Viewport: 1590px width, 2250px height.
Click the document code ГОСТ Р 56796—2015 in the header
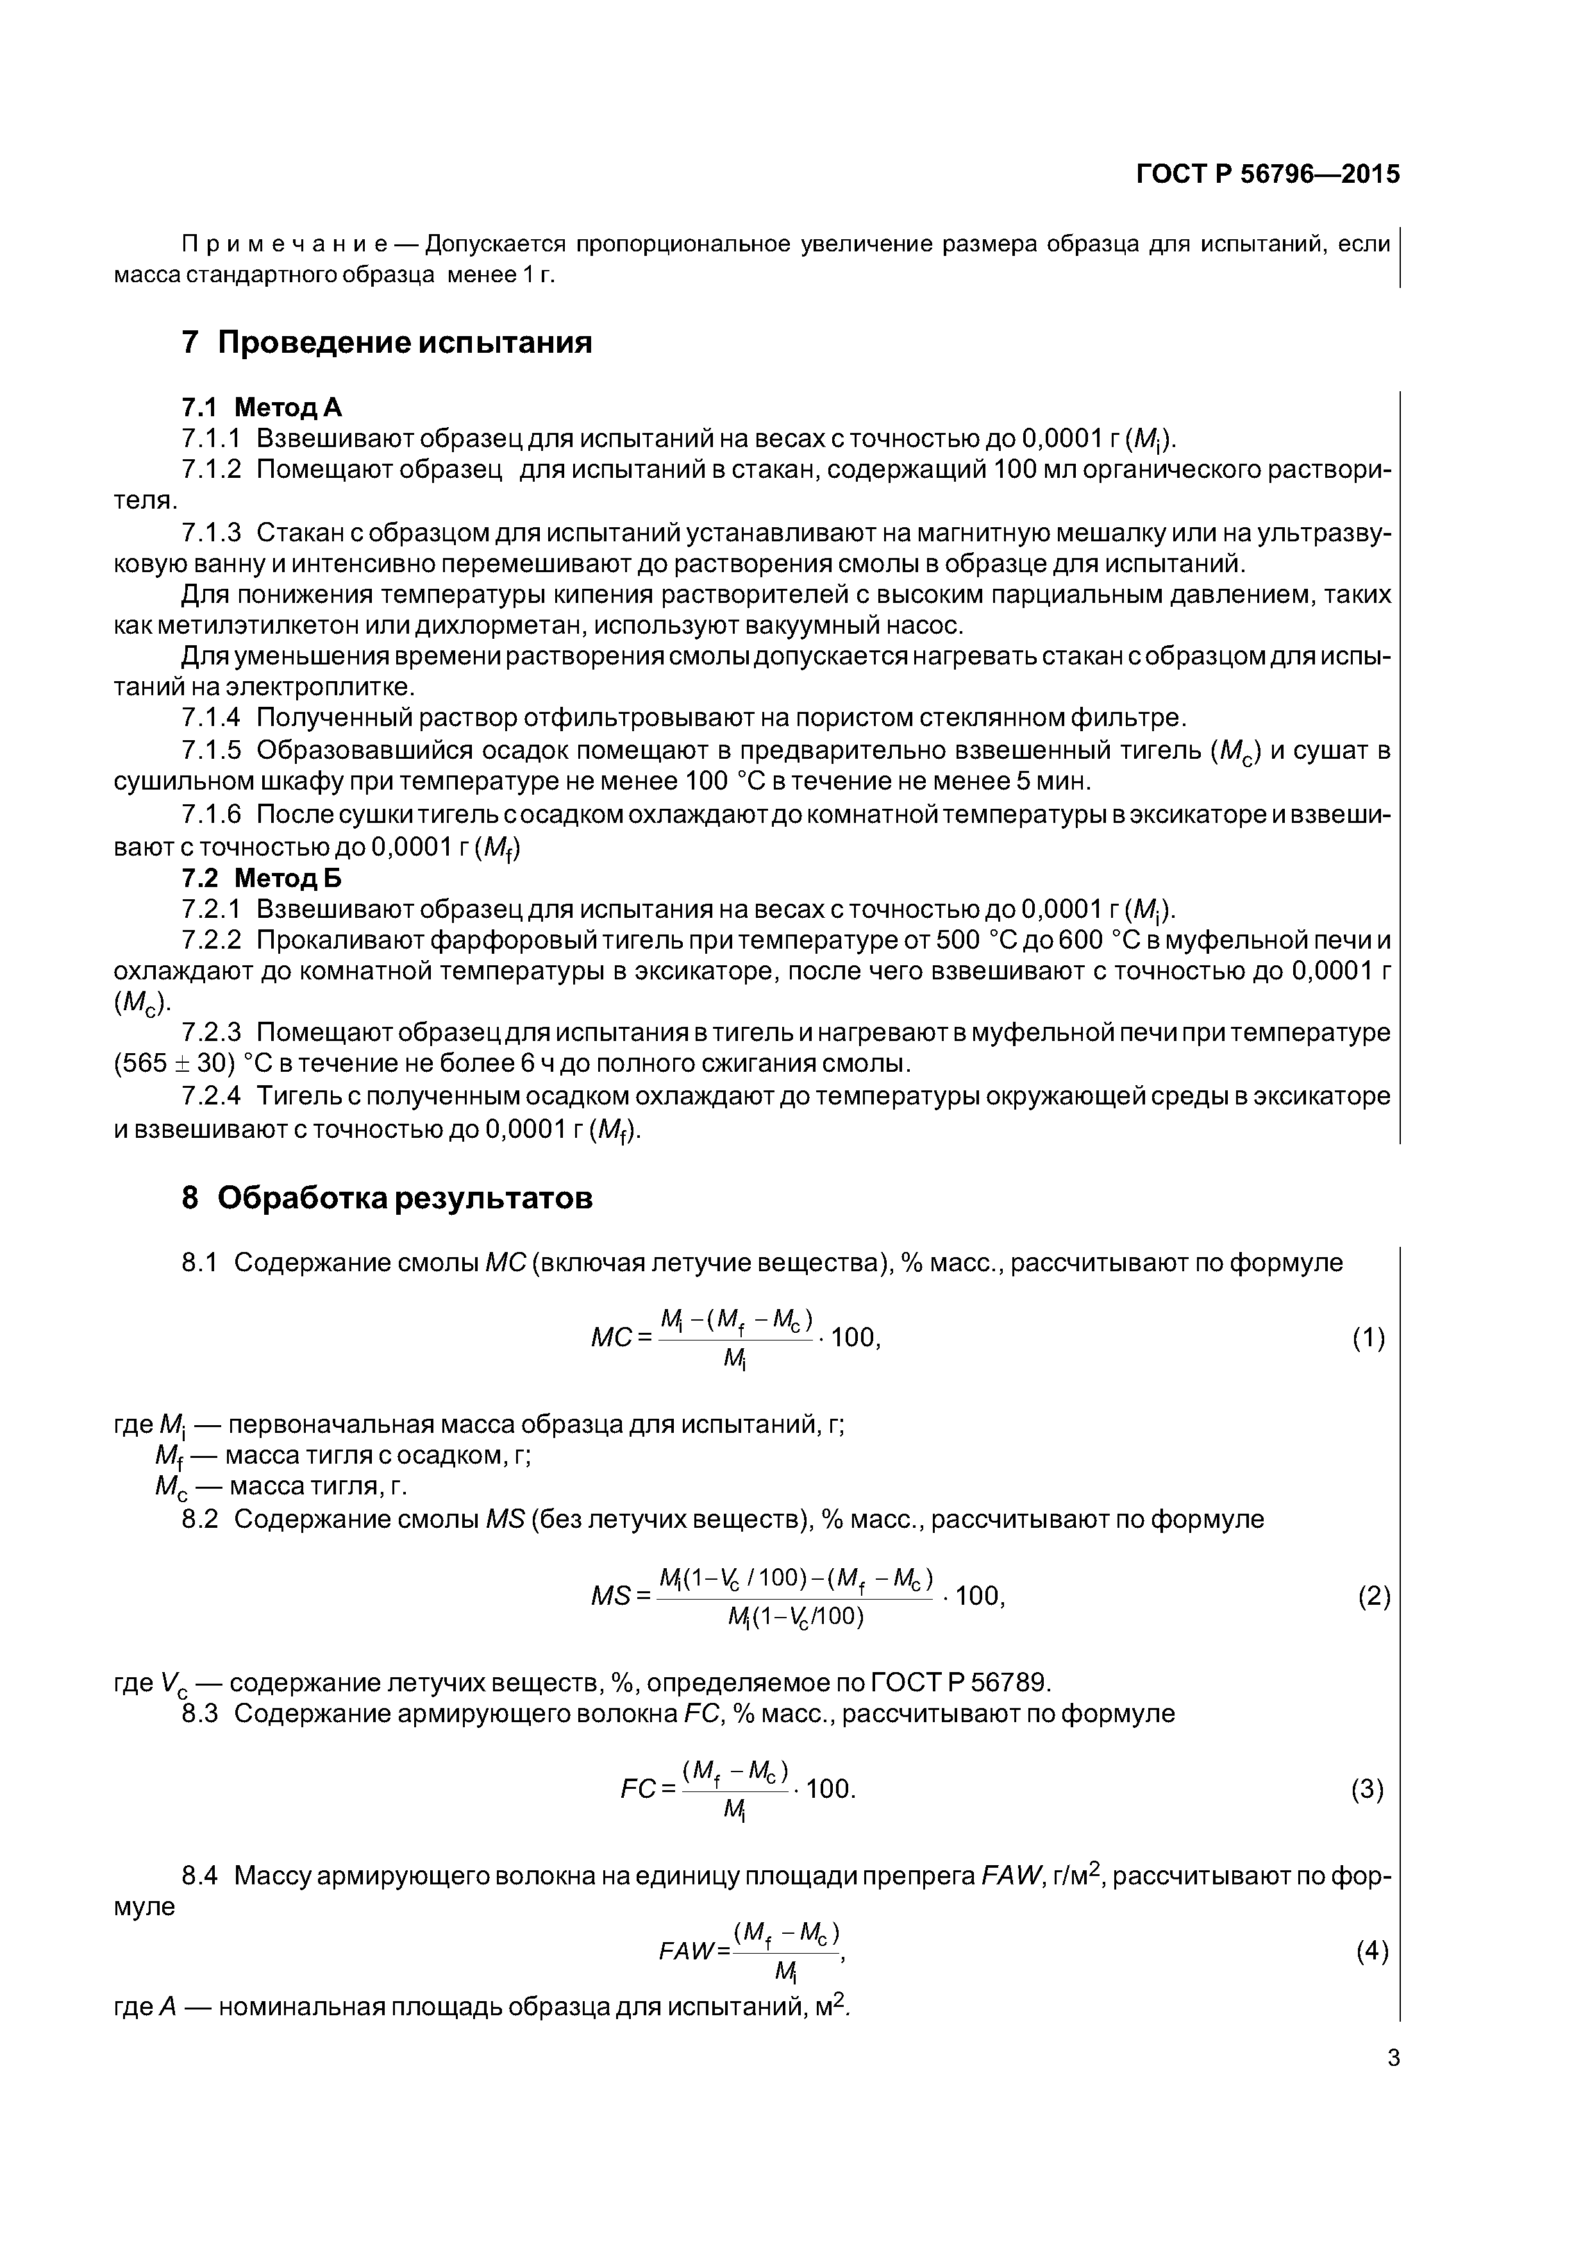(1268, 174)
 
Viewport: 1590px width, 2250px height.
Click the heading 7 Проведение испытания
(387, 343)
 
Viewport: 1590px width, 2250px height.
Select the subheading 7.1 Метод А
(262, 407)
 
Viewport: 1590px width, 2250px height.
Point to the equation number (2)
(1373, 1597)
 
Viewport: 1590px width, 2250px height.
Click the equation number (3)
(1368, 1789)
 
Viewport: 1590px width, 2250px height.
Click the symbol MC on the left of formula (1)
(610, 1338)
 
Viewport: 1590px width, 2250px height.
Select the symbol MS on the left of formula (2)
(610, 1596)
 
